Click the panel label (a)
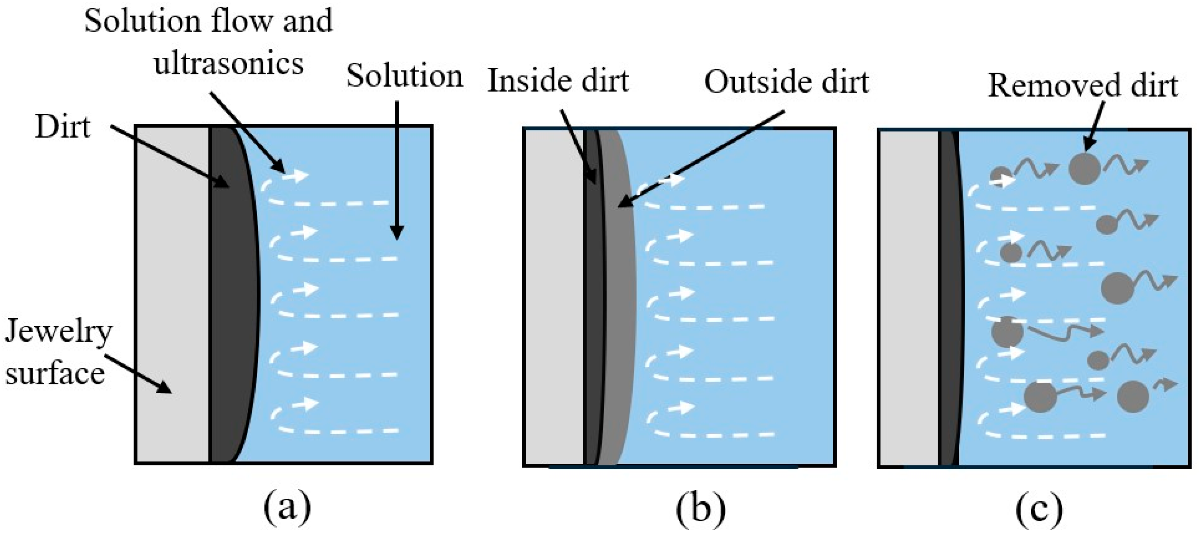click(x=287, y=508)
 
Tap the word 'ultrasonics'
click(x=229, y=63)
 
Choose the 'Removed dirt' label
click(x=1083, y=86)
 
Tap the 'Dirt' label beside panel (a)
click(x=62, y=127)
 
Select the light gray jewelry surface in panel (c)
click(x=908, y=298)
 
